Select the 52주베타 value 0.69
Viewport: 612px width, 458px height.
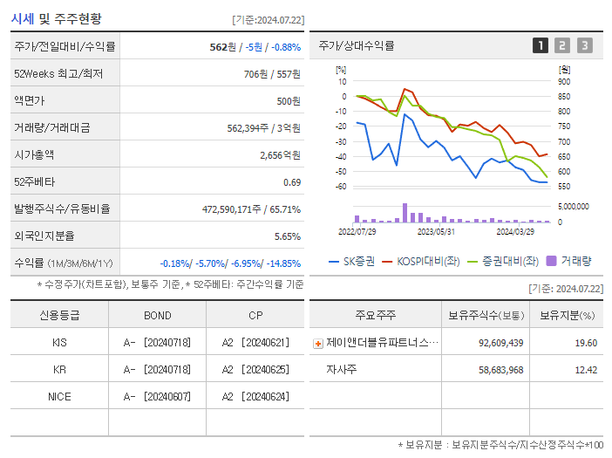click(291, 182)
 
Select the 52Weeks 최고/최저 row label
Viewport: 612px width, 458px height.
click(58, 74)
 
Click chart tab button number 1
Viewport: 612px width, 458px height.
click(541, 46)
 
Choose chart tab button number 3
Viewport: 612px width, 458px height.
click(584, 46)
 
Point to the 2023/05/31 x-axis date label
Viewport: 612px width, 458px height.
click(436, 232)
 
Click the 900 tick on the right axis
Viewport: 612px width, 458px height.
click(564, 82)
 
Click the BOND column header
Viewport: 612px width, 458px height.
click(157, 316)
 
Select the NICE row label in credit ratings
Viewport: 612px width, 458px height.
click(59, 396)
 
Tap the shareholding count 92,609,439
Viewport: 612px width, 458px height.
click(500, 343)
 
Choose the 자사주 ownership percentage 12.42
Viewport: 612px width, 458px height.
click(586, 370)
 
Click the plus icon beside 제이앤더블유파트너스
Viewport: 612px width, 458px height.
click(318, 344)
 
